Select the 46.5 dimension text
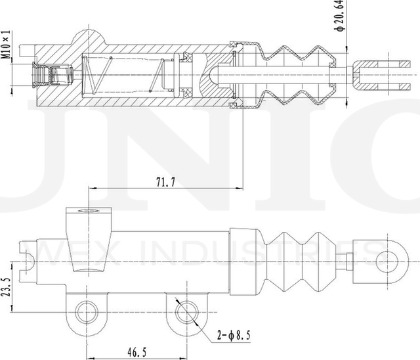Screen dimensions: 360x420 (136, 352)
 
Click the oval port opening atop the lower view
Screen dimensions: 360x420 (89, 212)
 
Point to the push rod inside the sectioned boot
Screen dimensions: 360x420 (282, 74)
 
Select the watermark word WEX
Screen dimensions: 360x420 (60, 252)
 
